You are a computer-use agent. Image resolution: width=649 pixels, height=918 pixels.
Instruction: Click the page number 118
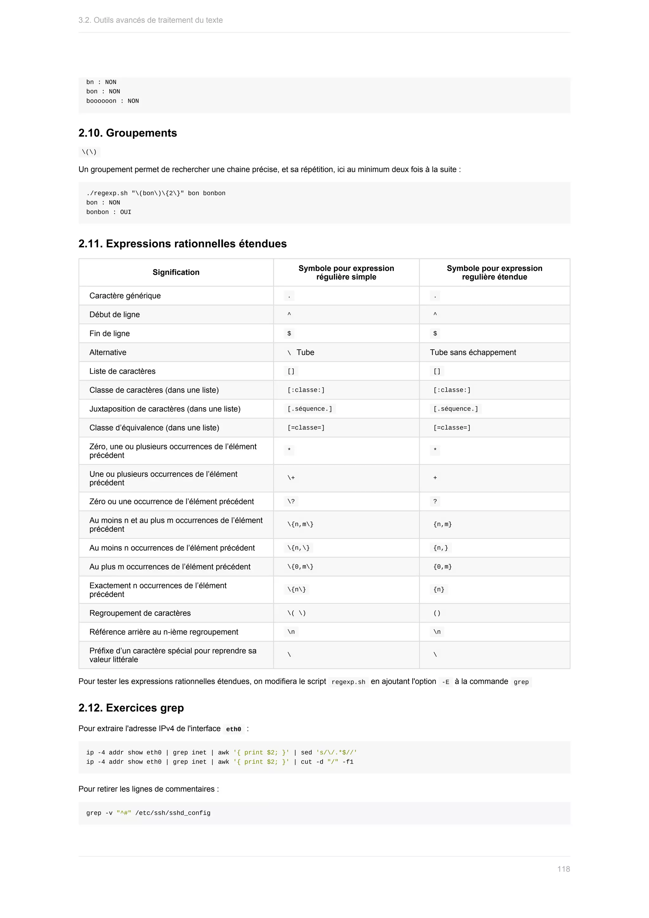[x=563, y=869]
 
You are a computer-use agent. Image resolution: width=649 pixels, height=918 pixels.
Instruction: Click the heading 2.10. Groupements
[x=127, y=133]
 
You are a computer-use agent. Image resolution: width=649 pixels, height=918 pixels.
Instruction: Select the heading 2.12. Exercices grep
[x=131, y=708]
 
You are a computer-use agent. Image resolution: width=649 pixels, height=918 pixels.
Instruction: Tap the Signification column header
[x=176, y=272]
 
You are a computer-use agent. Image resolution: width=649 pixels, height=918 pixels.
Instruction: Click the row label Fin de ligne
[x=110, y=333]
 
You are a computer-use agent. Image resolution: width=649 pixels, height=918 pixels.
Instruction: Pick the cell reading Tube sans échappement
[x=473, y=352]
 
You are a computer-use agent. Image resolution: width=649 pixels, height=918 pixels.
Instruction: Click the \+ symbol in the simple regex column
[x=291, y=478]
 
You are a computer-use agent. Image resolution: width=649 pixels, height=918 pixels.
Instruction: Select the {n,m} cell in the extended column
[x=442, y=524]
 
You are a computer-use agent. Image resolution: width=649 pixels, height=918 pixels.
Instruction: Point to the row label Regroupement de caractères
[x=140, y=613]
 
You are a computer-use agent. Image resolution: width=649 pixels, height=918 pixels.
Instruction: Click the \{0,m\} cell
[x=300, y=566]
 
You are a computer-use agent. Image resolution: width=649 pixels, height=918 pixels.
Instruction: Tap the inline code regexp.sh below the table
[x=348, y=682]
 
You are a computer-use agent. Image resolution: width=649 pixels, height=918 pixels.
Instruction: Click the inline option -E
[x=445, y=682]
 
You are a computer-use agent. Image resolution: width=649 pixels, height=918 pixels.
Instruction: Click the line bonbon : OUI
[x=109, y=212]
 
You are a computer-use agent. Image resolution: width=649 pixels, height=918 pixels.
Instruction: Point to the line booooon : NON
[x=112, y=101]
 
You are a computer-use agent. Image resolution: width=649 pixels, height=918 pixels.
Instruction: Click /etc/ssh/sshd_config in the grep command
[x=173, y=813]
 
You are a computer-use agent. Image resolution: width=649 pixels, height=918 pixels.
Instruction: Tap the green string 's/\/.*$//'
[x=336, y=753]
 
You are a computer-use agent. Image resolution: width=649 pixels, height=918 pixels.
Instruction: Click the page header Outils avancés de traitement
[x=150, y=20]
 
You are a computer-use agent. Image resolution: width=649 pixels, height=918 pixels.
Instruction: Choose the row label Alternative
[x=108, y=352]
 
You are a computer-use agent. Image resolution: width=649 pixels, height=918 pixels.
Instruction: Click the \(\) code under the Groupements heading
[x=89, y=152]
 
